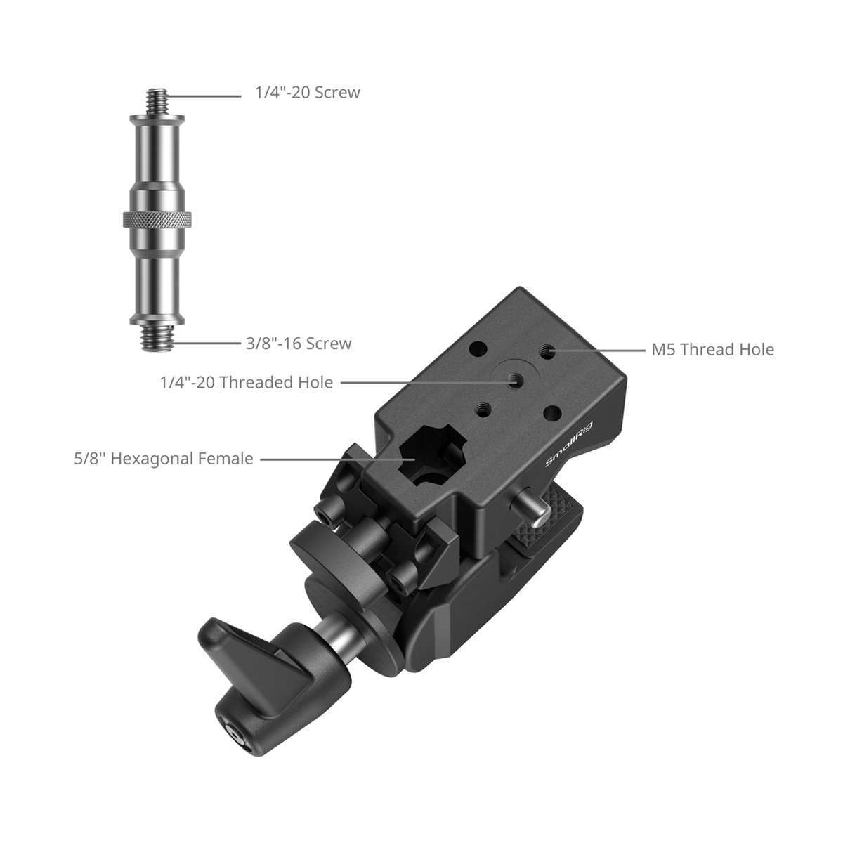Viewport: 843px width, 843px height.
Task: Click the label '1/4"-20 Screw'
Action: pyautogui.click(x=308, y=92)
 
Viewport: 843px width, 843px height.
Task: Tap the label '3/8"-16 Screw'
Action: pyautogui.click(x=299, y=344)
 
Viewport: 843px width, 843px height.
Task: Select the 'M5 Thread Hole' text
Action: pyautogui.click(x=712, y=350)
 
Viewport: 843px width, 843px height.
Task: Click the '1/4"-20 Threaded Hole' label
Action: pyautogui.click(x=247, y=382)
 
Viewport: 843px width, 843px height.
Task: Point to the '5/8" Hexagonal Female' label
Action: pyautogui.click(x=164, y=459)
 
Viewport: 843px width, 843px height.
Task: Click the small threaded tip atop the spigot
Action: pyautogui.click(x=157, y=101)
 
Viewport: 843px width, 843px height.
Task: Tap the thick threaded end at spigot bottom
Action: pyautogui.click(x=157, y=337)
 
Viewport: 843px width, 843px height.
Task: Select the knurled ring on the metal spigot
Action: pyautogui.click(x=157, y=219)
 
